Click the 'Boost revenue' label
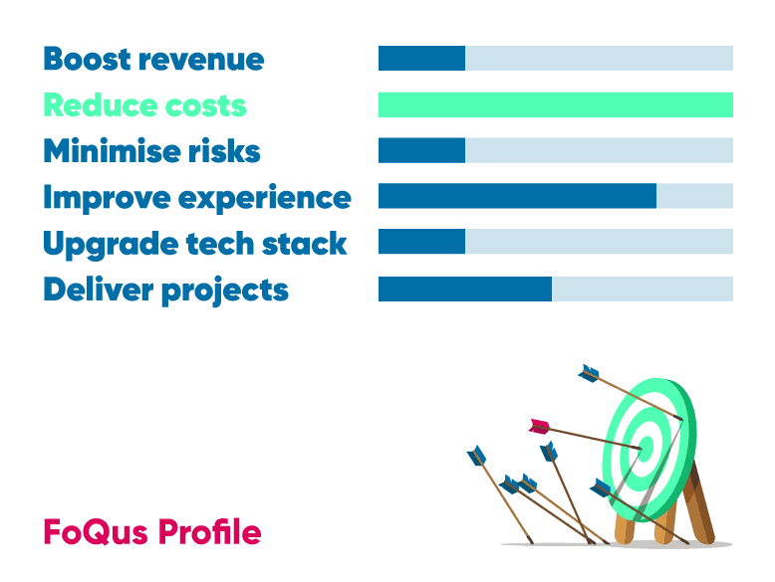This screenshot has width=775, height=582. [x=153, y=59]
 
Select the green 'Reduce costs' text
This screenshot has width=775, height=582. [x=144, y=105]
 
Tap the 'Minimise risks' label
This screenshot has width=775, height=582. [x=151, y=150]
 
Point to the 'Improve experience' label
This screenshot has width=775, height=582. [x=197, y=198]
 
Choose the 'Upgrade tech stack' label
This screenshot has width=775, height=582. [x=195, y=245]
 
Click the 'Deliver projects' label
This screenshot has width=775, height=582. [x=166, y=291]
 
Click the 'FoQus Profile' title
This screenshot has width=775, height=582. [x=152, y=531]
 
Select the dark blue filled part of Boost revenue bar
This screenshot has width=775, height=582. [x=421, y=59]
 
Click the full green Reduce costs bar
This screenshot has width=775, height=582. [x=556, y=104]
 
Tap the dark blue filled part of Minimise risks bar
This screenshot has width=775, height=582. [x=421, y=150]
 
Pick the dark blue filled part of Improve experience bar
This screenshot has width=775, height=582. [x=517, y=196]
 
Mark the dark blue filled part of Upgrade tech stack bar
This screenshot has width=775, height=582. [x=421, y=242]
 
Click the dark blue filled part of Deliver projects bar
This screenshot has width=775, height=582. [x=465, y=289]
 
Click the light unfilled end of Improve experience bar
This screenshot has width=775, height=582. [x=695, y=196]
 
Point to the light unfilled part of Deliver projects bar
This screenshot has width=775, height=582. [x=643, y=289]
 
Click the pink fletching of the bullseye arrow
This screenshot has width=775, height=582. [x=540, y=427]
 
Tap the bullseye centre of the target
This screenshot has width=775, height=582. [x=646, y=449]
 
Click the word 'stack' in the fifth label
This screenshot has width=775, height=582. [x=304, y=244]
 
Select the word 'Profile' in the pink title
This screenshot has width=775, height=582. [x=210, y=531]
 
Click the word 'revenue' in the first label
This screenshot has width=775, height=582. [x=201, y=61]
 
